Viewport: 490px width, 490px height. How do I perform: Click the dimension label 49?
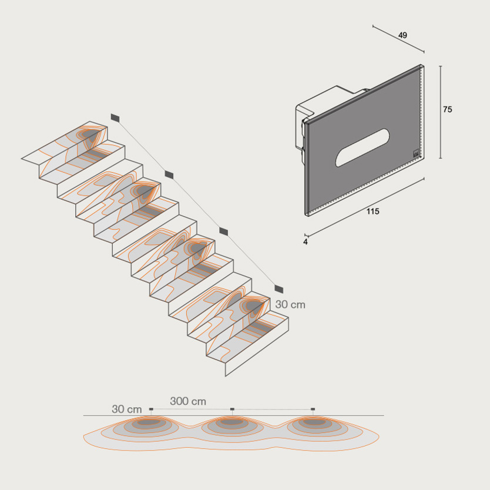pos(402,35)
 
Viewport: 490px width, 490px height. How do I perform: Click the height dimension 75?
pos(447,109)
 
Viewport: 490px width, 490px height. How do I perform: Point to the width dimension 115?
pos(373,212)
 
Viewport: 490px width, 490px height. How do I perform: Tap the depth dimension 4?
pos(306,242)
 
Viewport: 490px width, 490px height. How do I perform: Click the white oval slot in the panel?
pos(363,147)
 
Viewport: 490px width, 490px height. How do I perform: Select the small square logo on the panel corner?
pos(416,154)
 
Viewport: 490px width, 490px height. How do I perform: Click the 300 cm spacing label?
pos(188,401)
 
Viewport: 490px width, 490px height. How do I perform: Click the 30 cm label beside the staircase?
pos(290,304)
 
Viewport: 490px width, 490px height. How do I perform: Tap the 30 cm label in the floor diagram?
pos(126,409)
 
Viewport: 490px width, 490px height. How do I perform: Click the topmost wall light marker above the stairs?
pos(115,118)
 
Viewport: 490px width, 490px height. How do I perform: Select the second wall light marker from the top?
pos(169,174)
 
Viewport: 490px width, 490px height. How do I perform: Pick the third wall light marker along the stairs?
pos(223,231)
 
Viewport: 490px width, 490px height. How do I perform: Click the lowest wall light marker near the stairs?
pos(278,289)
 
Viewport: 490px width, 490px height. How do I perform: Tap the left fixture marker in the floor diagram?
pos(151,409)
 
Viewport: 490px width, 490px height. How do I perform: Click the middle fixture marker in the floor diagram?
pos(232,409)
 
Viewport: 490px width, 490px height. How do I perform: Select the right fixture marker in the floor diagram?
pos(313,409)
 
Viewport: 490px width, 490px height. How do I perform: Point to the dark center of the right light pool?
pos(313,422)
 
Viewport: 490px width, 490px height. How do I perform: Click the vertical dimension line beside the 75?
pos(441,112)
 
